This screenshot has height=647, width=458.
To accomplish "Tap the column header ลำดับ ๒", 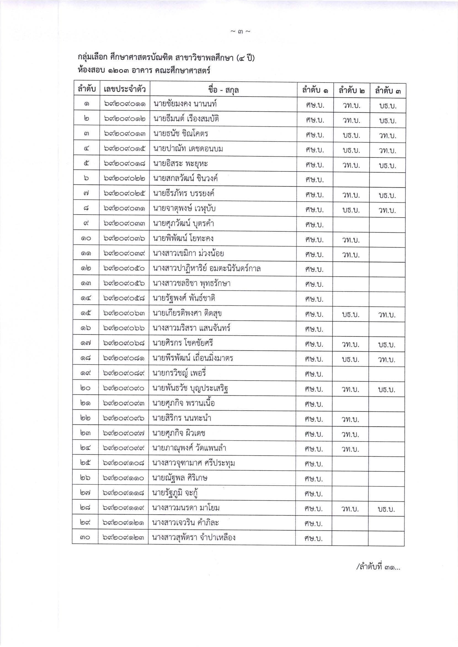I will click(351, 91).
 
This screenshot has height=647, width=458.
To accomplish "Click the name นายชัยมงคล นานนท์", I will click(185, 105).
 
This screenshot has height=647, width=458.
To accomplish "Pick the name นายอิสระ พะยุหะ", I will click(181, 164).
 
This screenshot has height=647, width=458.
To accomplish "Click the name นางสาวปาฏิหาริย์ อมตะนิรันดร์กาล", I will click(207, 269).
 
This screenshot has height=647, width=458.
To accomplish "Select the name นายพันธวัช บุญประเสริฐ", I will click(190, 389).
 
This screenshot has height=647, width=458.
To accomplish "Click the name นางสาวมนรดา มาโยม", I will click(186, 508).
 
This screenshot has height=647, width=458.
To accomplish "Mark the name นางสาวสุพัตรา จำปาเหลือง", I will click(194, 538).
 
